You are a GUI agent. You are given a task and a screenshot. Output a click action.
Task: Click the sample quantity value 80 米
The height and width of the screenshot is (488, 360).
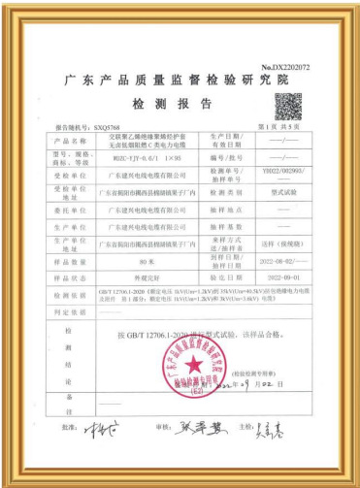148,262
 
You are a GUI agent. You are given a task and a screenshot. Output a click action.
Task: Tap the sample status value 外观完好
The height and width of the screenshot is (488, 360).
148,276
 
